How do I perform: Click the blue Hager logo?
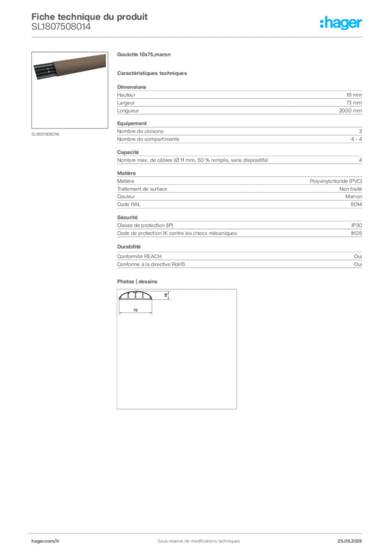point(343,24)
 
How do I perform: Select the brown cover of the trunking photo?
point(81,64)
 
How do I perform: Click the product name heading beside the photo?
point(144,56)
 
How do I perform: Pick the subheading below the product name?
point(153,73)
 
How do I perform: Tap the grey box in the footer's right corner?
point(354,539)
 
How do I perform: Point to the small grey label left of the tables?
point(45,134)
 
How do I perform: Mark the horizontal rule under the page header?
point(198,37)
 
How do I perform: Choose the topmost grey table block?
point(239,100)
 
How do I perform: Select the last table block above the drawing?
point(239,260)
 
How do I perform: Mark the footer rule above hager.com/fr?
point(198,532)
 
